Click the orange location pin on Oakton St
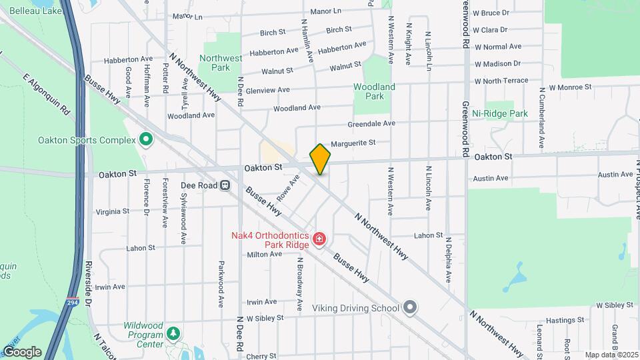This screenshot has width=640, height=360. tap(320, 159)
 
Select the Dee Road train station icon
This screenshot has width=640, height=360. tap(225, 185)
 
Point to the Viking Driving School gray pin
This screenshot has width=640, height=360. tap(409, 307)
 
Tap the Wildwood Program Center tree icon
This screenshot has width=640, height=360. tap(173, 333)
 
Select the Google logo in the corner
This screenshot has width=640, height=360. tap(22, 351)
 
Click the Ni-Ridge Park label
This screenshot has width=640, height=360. tap(499, 113)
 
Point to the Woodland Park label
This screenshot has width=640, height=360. tap(374, 91)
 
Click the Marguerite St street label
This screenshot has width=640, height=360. tap(353, 142)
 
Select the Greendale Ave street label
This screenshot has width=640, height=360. tap(371, 123)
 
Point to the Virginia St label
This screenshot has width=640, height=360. tap(113, 211)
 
